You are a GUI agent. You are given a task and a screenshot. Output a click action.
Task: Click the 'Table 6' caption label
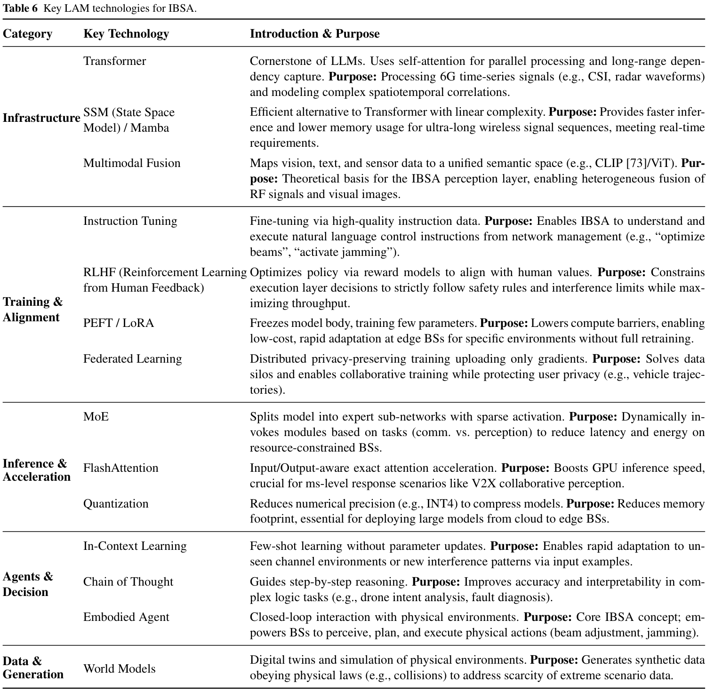pyautogui.click(x=20, y=8)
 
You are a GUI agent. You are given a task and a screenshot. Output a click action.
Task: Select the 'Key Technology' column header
pyautogui.click(x=126, y=34)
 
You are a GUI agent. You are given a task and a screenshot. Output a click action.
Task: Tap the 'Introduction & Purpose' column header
pyautogui.click(x=314, y=34)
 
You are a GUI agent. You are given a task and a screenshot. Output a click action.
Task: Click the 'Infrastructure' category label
pyautogui.click(x=41, y=118)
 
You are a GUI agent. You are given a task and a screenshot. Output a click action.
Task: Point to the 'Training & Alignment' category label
pyautogui.click(x=32, y=309)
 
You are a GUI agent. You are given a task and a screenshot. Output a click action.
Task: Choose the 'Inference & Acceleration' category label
pyautogui.click(x=36, y=470)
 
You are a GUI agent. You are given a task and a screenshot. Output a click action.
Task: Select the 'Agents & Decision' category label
pyautogui.click(x=28, y=584)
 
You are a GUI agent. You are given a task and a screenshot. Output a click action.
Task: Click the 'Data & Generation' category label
pyautogui.click(x=33, y=667)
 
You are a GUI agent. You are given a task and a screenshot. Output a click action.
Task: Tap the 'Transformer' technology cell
pyautogui.click(x=114, y=61)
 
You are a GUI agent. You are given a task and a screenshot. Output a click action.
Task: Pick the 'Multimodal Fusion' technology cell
pyautogui.click(x=132, y=163)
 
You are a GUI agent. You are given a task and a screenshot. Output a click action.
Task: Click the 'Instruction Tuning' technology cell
pyautogui.click(x=130, y=221)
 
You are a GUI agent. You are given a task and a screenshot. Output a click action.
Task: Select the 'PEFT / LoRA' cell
pyautogui.click(x=118, y=323)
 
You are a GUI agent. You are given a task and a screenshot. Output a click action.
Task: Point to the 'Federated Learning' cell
pyautogui.click(x=132, y=359)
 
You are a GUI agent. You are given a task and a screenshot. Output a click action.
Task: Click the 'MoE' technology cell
pyautogui.click(x=96, y=417)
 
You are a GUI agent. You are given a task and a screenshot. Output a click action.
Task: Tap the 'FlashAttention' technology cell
pyautogui.click(x=120, y=468)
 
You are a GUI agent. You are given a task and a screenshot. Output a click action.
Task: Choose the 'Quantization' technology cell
pyautogui.click(x=115, y=504)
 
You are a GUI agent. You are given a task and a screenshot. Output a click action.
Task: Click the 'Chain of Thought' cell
pyautogui.click(x=128, y=582)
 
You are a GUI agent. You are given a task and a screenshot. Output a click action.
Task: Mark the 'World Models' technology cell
pyautogui.click(x=119, y=669)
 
